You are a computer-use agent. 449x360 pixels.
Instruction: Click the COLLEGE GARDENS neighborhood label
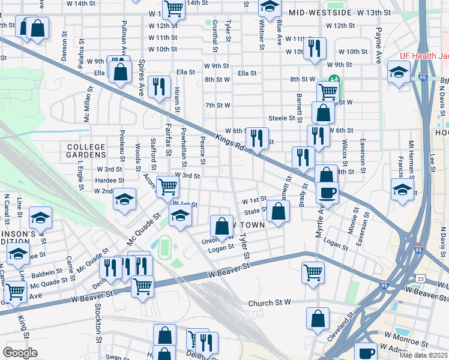point(86,151)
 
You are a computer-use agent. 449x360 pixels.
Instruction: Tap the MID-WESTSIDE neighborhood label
point(319,12)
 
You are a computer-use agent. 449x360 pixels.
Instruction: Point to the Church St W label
point(270,303)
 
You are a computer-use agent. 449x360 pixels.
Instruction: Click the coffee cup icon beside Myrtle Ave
point(327,193)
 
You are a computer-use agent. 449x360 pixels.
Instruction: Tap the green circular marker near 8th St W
point(332,79)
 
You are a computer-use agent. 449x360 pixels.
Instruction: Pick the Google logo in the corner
point(20,353)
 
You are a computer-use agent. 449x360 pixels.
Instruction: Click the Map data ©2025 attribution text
point(423,355)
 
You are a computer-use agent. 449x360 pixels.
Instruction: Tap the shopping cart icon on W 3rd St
point(167,186)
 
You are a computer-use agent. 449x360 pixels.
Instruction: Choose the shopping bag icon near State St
point(279,211)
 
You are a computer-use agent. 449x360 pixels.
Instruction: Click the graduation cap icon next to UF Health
point(398,73)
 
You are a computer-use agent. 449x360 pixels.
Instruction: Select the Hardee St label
point(109,180)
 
